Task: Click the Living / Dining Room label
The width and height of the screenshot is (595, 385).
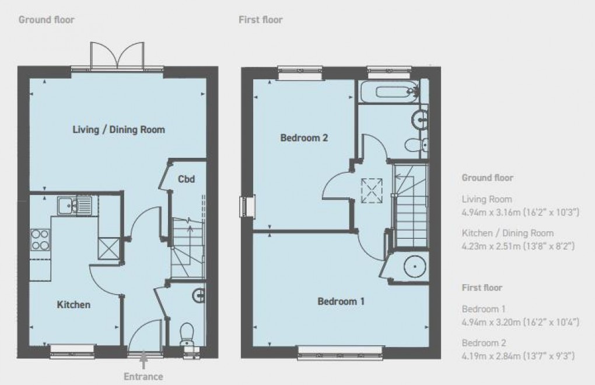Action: pos(118,129)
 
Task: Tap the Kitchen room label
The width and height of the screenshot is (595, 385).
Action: pos(73,304)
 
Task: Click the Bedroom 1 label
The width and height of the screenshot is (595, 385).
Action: pos(341,301)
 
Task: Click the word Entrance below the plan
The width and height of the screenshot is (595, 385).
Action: pos(143,377)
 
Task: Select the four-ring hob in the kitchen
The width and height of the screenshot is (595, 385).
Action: pos(40,239)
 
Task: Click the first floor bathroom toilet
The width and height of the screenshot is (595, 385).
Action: pos(415,144)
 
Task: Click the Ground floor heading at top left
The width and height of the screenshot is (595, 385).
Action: pos(47,20)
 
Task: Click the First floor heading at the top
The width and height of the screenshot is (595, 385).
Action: pos(260,20)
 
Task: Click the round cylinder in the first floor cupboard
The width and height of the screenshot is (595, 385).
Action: pos(414,266)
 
